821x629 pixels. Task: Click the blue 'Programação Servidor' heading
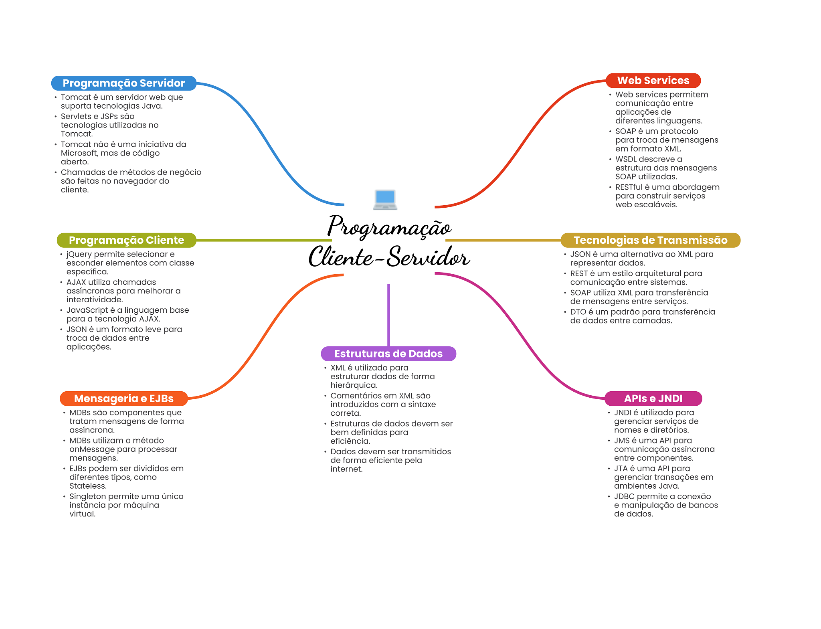point(123,83)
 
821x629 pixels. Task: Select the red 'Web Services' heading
point(653,81)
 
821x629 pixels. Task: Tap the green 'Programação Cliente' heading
point(126,240)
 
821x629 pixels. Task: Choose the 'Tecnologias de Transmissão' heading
point(650,240)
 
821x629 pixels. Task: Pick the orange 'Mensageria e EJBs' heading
point(123,398)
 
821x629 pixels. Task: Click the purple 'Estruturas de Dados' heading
point(388,354)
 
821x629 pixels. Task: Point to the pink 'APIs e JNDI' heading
point(653,398)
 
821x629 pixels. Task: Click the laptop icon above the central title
point(385,199)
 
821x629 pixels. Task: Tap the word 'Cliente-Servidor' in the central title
point(389,257)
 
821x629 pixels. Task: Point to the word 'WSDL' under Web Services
point(627,159)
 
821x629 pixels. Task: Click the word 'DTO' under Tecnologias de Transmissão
point(578,312)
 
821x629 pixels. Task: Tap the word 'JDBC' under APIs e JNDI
point(624,496)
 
